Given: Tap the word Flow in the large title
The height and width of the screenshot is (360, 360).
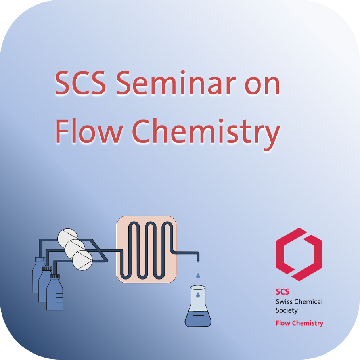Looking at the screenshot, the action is coord(89,131).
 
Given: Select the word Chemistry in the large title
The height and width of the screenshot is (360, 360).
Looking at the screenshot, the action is coord(206,134).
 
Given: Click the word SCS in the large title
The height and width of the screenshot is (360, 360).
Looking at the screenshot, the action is coord(80,83).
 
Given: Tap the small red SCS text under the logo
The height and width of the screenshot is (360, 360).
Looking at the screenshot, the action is coord(282,291).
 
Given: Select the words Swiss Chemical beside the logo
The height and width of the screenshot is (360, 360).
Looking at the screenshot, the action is coord(299,301).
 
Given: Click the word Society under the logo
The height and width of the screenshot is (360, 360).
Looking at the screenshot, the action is coord(287,310).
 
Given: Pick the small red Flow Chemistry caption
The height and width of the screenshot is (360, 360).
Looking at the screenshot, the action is coord(299,323).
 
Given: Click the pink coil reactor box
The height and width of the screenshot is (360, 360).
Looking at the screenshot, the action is coord(146,249).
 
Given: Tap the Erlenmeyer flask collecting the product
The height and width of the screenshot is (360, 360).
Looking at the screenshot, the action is coord(198,306).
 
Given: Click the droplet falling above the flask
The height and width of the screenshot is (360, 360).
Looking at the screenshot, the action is coord(198,276).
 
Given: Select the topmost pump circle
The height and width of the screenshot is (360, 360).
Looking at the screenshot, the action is coord(67,238).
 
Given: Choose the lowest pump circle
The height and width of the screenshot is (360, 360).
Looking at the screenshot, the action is coord(82,260).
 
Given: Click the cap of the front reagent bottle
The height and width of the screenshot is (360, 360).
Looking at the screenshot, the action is coord(55,277).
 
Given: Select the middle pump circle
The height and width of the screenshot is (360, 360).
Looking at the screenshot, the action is coord(75,249).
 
